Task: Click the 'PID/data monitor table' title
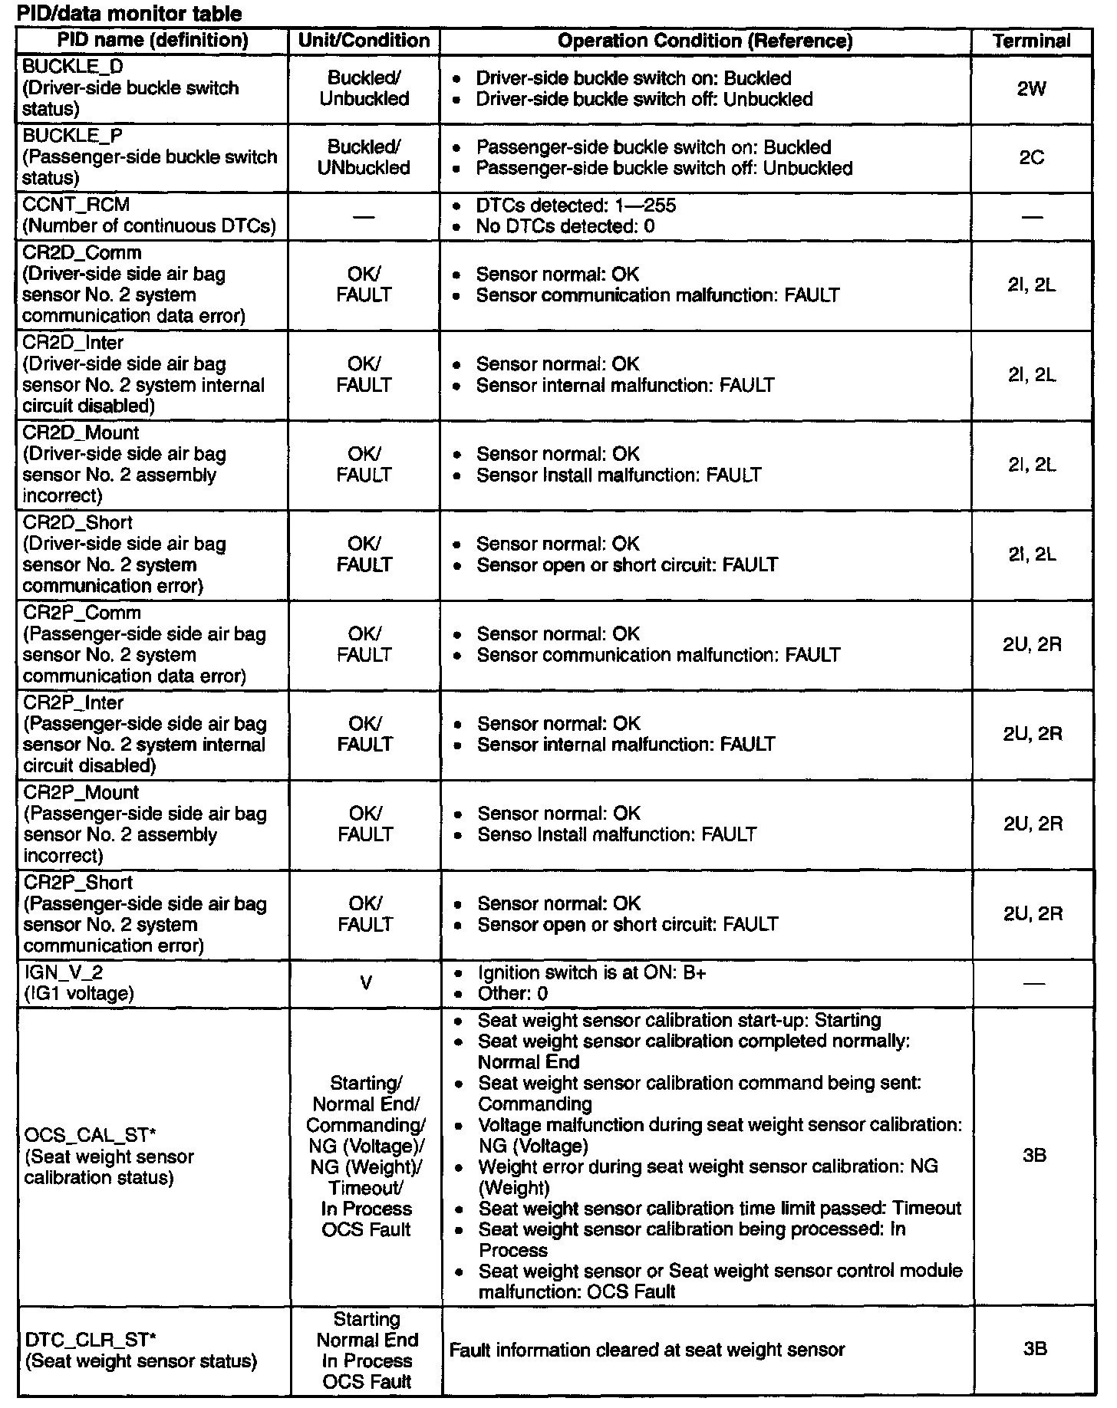[129, 14]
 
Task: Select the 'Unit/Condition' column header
[364, 41]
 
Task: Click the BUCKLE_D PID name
[73, 67]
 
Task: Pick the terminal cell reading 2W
[1031, 89]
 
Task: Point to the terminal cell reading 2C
[1031, 157]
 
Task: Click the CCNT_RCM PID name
[76, 205]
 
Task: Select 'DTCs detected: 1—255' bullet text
[575, 206]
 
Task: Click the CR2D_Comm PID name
[81, 253]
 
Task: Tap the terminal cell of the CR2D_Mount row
[1032, 465]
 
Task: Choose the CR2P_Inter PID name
[74, 702]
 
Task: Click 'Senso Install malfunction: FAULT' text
[617, 834]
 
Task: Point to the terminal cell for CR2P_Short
[1033, 914]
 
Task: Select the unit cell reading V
[365, 982]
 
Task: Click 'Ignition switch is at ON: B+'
[591, 972]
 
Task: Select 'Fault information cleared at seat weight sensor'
[647, 1350]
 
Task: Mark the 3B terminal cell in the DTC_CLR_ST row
[1034, 1349]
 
